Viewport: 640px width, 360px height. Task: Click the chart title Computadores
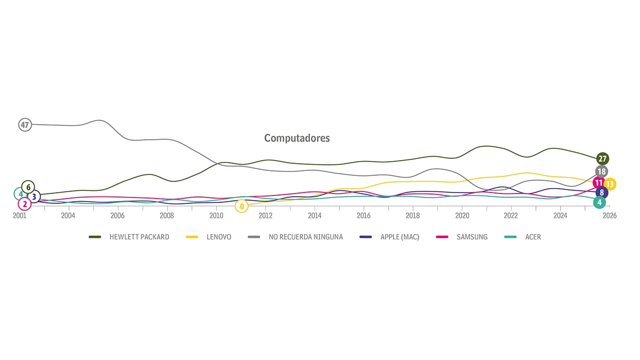(297, 138)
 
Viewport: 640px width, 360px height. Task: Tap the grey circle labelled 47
(25, 124)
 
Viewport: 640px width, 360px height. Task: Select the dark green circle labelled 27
(602, 159)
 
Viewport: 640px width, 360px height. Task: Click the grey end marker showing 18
(601, 171)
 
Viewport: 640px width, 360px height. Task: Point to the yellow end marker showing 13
(610, 184)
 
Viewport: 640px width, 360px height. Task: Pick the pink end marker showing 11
(598, 183)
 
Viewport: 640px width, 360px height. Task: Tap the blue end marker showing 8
(602, 192)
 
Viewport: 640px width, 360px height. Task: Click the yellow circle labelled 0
(241, 206)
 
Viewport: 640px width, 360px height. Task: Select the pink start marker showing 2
(24, 203)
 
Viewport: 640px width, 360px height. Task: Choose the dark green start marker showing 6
(28, 187)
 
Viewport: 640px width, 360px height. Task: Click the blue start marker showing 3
(34, 196)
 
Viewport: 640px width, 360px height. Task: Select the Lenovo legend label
(218, 237)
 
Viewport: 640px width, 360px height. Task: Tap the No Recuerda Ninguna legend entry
(305, 237)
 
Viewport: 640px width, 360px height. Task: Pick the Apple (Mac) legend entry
(399, 237)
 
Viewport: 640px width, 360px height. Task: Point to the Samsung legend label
(471, 237)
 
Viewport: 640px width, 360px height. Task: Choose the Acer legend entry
(532, 237)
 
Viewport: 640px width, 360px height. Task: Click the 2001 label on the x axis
(19, 216)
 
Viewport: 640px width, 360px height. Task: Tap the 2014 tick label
(314, 216)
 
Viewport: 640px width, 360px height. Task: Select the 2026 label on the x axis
(609, 216)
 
